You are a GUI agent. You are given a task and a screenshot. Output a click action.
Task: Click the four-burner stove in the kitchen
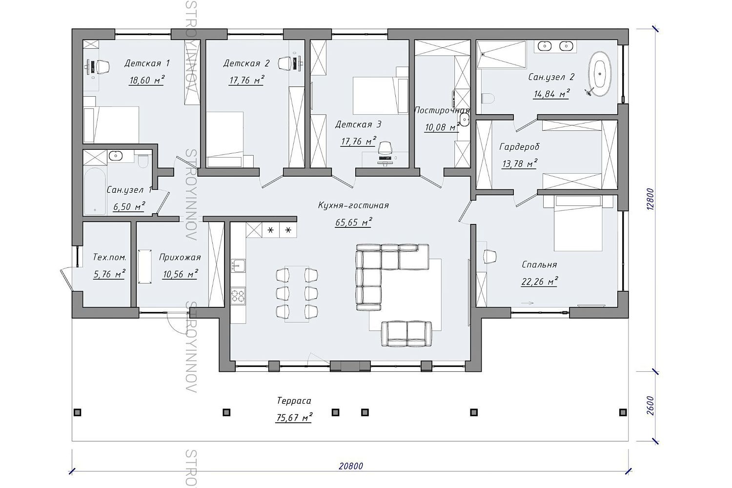click(238, 296)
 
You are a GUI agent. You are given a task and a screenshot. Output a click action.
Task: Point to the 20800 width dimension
click(351, 466)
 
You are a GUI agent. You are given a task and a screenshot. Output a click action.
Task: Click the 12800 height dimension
click(651, 199)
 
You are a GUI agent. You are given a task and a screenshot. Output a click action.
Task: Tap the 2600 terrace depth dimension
click(651, 406)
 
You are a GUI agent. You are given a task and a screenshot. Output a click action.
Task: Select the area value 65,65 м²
click(354, 222)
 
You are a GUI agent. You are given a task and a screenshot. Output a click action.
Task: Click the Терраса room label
click(294, 401)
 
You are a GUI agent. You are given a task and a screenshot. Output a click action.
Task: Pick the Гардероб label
click(519, 147)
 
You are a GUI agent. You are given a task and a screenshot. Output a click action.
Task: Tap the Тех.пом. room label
click(109, 257)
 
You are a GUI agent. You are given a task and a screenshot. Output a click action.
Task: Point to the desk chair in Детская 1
click(103, 67)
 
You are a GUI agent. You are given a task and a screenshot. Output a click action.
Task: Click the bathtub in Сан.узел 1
click(95, 191)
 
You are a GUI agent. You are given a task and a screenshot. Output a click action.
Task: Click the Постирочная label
click(442, 110)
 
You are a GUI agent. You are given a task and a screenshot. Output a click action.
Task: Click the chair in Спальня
click(490, 256)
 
